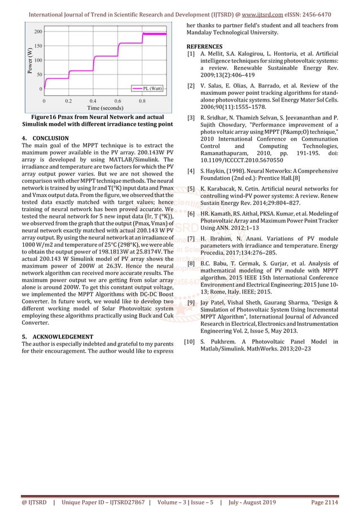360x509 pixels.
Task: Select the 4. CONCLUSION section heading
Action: pyautogui.click(x=45, y=138)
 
